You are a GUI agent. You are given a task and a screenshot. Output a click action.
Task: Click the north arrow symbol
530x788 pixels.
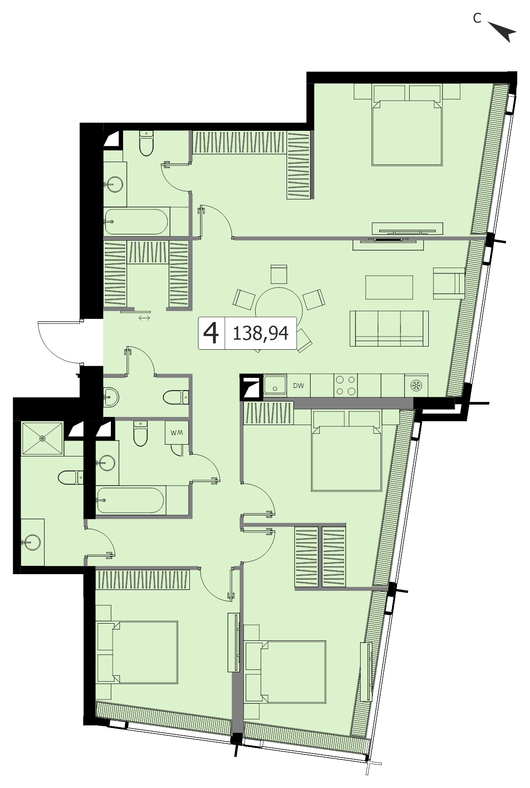(504, 32)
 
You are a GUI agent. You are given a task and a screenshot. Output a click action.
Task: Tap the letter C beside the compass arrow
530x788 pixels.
(477, 18)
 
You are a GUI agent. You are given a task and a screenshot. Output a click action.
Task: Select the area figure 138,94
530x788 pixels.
(260, 333)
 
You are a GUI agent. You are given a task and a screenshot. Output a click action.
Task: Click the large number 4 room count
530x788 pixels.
(211, 333)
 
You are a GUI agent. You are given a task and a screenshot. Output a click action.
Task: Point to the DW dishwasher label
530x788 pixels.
(298, 386)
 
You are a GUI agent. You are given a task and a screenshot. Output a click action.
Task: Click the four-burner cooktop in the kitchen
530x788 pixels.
(346, 385)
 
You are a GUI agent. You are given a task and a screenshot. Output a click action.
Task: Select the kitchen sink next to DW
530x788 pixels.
(275, 385)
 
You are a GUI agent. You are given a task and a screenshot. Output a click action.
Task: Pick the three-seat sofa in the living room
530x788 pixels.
(389, 328)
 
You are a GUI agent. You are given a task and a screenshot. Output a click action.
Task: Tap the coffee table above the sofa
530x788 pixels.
(389, 287)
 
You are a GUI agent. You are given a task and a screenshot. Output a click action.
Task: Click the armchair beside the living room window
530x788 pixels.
(449, 283)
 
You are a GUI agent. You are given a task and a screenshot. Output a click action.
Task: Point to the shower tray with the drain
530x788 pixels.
(42, 438)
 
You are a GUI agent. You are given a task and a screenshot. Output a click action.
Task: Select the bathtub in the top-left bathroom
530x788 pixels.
(137, 222)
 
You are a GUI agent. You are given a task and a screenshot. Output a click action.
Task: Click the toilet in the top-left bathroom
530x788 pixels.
(146, 143)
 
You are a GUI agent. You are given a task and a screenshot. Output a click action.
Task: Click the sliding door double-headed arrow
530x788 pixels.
(144, 318)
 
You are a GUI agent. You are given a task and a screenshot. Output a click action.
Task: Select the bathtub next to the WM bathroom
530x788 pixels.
(130, 501)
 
